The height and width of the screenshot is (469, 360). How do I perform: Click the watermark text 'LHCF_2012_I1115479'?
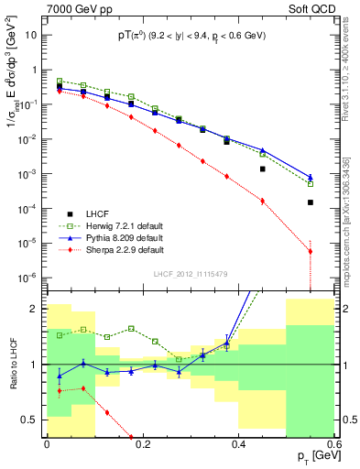(191, 274)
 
